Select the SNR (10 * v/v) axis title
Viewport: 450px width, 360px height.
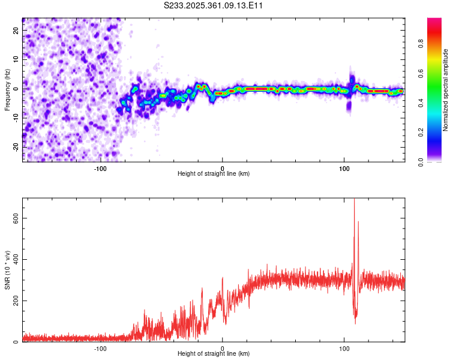tap(7, 270)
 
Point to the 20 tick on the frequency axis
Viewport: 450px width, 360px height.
tap(16, 30)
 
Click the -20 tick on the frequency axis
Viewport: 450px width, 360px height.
tap(15, 147)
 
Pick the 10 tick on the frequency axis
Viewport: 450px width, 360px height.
tap(16, 59)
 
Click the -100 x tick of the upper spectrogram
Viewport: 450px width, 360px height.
tap(100, 168)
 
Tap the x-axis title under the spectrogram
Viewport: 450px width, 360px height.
tap(214, 174)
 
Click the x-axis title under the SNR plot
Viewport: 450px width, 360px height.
tap(214, 354)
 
